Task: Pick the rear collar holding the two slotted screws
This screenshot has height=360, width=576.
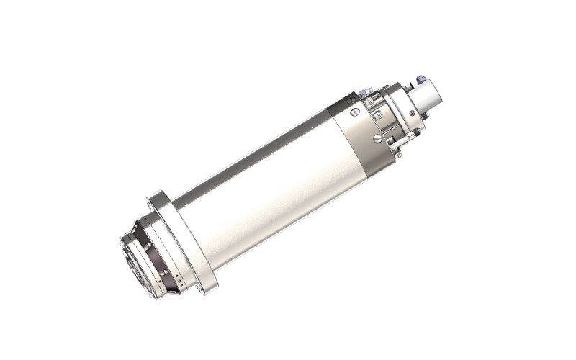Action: [360, 126]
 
